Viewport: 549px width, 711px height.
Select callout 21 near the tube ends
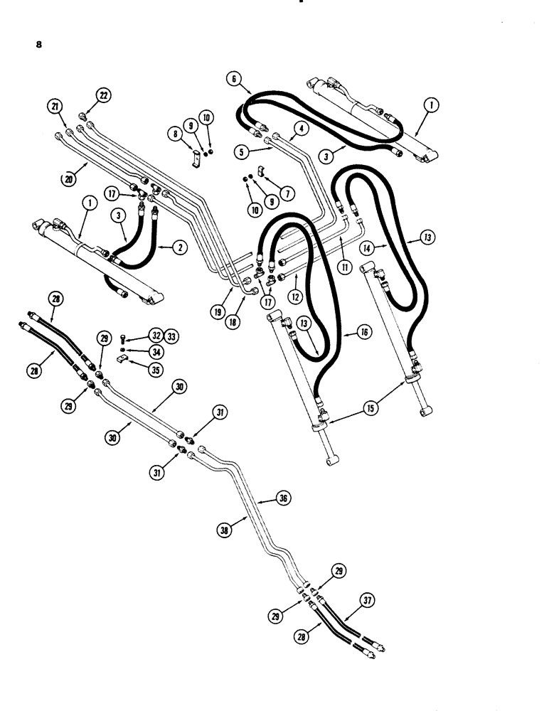pyautogui.click(x=53, y=107)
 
